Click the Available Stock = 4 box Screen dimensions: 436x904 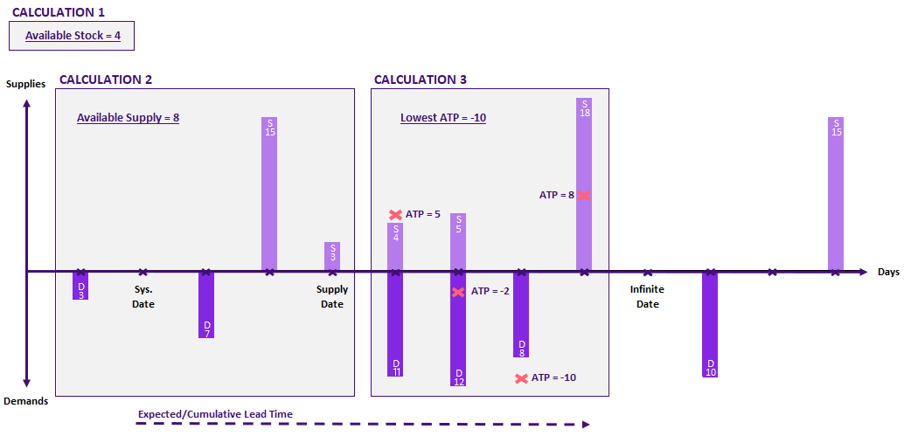[72, 36]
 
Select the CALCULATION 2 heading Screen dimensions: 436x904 [106, 80]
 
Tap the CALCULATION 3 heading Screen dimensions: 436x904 [421, 80]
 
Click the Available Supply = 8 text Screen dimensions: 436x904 [128, 117]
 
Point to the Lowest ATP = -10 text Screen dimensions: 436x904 [443, 117]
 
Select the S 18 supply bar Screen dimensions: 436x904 [584, 183]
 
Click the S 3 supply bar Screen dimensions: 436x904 [332, 256]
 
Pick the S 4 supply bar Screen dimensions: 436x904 [395, 246]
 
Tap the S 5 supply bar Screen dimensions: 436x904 [458, 242]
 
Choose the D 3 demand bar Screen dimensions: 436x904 [80, 286]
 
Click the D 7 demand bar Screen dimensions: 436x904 [206, 304]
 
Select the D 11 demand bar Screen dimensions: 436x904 [395, 323]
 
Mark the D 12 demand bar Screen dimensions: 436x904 [458, 329]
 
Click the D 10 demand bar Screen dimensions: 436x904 [710, 324]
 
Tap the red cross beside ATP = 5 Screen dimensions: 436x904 [395, 214]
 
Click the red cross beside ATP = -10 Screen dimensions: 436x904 [521, 378]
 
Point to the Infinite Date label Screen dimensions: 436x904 [647, 297]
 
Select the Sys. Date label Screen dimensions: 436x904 [143, 297]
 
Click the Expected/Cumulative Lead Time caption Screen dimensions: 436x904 [215, 414]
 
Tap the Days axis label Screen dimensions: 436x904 [888, 273]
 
